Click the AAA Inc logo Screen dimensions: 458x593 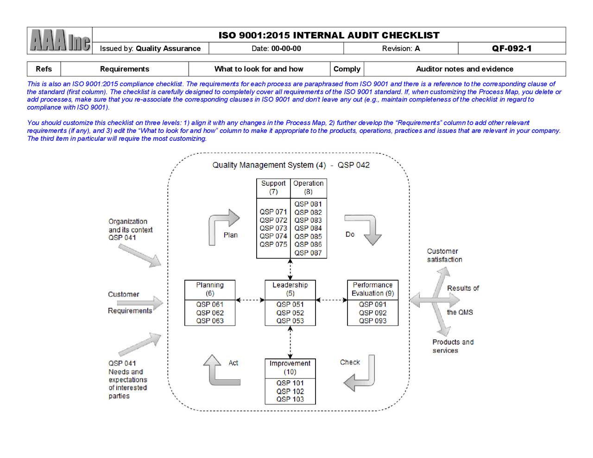60,41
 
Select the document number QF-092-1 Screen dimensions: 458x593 511,49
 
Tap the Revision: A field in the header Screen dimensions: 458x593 401,49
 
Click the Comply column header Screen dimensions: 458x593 347,69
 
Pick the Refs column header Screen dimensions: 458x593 44,69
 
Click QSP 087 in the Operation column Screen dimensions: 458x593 308,253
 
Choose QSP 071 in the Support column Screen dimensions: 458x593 273,212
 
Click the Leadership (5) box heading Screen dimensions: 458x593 290,289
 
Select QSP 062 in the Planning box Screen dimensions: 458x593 210,313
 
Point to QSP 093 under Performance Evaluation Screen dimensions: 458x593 372,321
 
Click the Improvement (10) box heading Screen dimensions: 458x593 290,368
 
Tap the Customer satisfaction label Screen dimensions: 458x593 444,256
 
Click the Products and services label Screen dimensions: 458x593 453,346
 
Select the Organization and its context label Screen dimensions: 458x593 130,229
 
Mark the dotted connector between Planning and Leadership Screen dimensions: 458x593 250,300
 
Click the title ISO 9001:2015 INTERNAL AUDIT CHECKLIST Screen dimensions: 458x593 329,35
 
